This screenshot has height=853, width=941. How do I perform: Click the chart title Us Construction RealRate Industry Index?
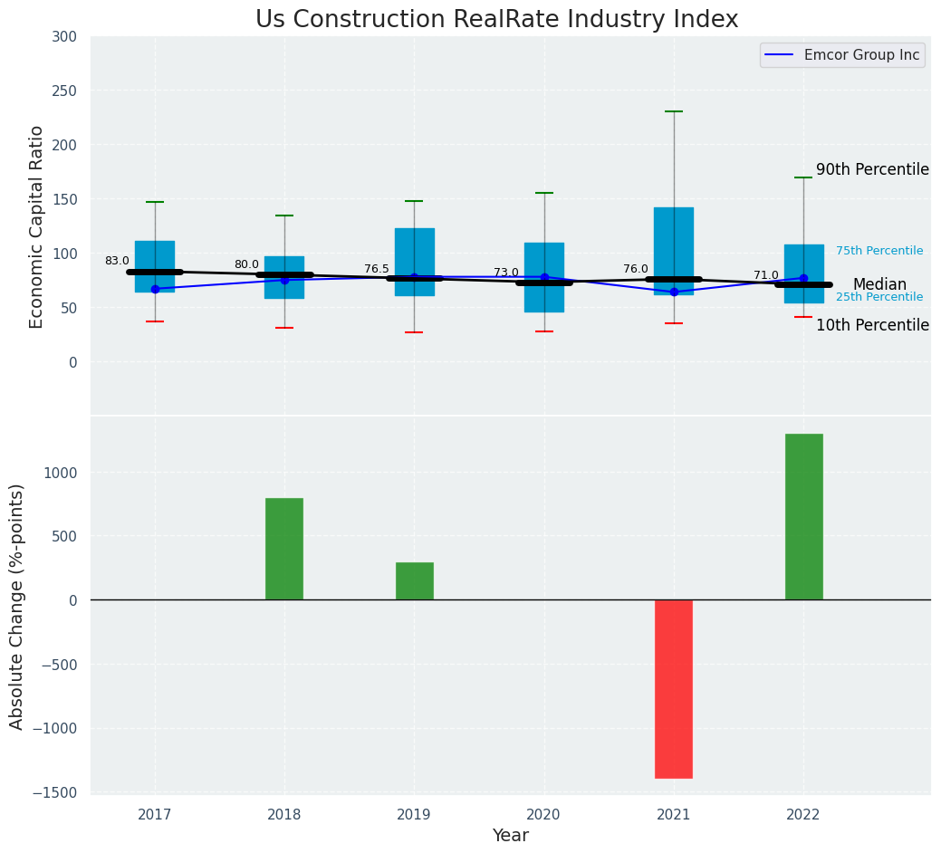496,20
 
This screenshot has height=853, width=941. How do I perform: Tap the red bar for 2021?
674,688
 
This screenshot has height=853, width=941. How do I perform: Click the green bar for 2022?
803,516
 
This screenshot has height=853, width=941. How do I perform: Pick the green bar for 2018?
284,549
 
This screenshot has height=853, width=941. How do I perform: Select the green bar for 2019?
415,580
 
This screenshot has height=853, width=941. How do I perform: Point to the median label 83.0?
117,261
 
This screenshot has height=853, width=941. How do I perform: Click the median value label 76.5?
377,269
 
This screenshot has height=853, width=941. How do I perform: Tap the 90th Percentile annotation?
872,169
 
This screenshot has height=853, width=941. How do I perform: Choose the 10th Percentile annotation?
872,325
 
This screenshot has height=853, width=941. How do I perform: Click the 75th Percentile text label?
879,251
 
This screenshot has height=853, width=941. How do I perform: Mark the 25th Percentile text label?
879,297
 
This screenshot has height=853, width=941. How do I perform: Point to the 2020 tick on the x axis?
544,815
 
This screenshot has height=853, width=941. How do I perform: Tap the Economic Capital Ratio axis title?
37,226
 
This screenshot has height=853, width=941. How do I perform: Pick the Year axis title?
511,836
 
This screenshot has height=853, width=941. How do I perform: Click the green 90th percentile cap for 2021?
674,111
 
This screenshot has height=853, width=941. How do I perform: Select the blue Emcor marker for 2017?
155,289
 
